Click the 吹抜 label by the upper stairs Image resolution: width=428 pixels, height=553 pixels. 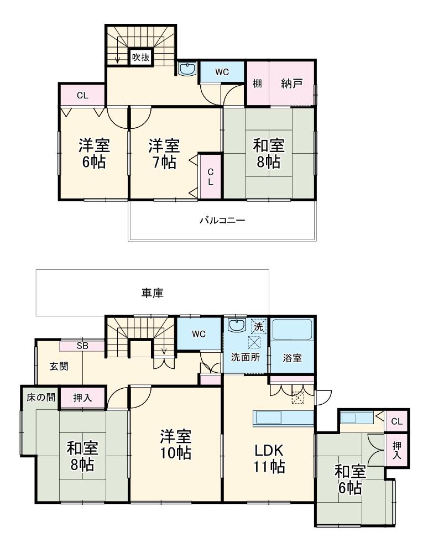pos(141,57)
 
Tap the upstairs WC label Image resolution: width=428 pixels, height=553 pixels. pos(222,72)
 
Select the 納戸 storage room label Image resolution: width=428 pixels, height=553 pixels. pos(291,84)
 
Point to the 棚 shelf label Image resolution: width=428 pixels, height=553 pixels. pos(257,84)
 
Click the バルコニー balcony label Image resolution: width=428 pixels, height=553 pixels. pos(222,221)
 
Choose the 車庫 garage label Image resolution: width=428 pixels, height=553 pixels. pos(152,293)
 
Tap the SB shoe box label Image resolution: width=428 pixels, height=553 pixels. pos(82,346)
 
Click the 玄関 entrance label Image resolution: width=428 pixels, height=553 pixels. pos(59,367)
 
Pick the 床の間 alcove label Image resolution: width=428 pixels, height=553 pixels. pos(41,398)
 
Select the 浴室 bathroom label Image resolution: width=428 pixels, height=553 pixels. pos(293,358)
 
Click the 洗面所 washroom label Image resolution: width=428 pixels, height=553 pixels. pos(246,357)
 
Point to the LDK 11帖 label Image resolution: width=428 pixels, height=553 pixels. pos(269,458)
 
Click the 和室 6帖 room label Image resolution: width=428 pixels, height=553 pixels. pos(349,479)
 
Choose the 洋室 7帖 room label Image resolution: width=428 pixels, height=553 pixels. pos(164,154)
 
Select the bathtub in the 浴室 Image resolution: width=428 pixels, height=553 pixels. pos(291,330)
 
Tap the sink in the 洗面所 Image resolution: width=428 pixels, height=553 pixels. pos(237,325)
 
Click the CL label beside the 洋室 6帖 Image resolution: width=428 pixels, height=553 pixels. pos(82,96)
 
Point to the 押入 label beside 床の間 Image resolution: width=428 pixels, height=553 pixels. pos(82,398)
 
